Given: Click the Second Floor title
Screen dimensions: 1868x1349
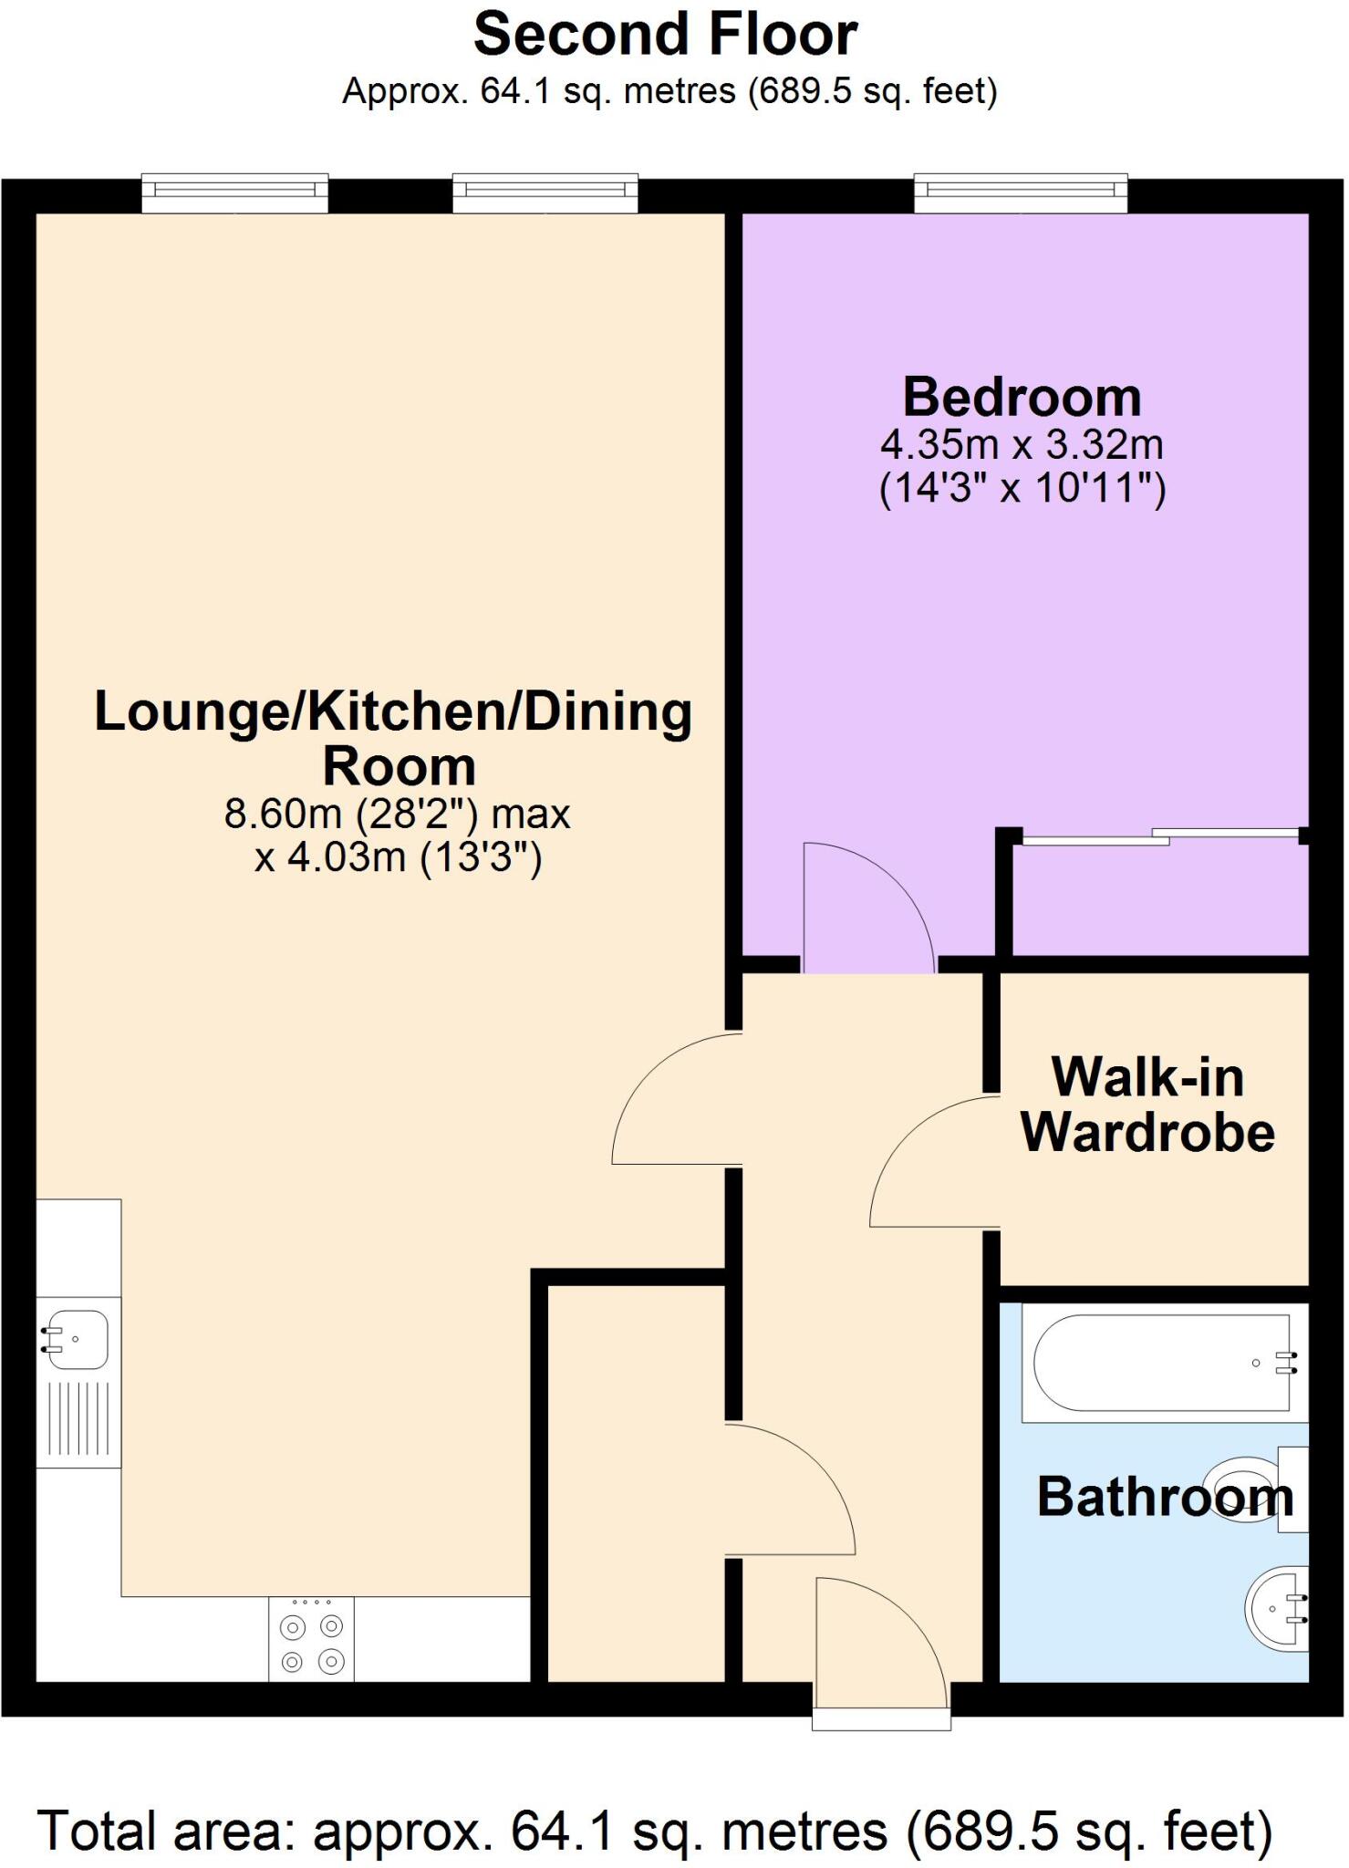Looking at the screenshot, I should coord(665,36).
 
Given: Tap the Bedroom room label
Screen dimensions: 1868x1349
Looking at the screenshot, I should coord(1022,398).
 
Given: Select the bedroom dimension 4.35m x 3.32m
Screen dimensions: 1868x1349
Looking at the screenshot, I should coord(1022,445).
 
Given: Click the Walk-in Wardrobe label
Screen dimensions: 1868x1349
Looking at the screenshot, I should coord(1147,1105).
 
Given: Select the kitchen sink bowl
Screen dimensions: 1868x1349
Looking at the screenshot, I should coord(78,1339).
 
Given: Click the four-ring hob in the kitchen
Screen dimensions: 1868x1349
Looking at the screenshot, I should coord(311,1642).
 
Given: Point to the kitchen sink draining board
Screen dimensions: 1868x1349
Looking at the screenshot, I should coord(78,1419).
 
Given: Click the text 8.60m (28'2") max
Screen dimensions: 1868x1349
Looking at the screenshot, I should coord(398,814).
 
